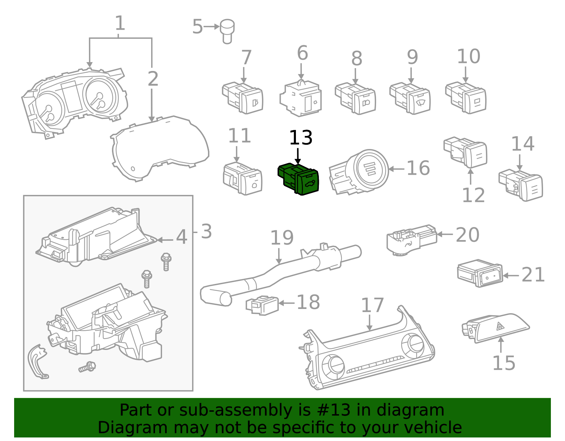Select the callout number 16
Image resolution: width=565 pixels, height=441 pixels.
point(418,168)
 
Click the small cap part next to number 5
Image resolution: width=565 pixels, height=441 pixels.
point(227,30)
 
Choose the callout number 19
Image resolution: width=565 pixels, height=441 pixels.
point(281,238)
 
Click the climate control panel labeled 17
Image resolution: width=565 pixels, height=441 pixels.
point(367,353)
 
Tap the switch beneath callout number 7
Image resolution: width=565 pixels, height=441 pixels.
point(243,98)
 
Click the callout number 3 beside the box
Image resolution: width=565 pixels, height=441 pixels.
point(206,232)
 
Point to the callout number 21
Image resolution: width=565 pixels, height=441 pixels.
point(533,275)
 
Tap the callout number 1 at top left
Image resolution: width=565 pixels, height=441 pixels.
point(120,23)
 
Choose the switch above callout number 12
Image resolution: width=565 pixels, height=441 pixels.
point(466,152)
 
